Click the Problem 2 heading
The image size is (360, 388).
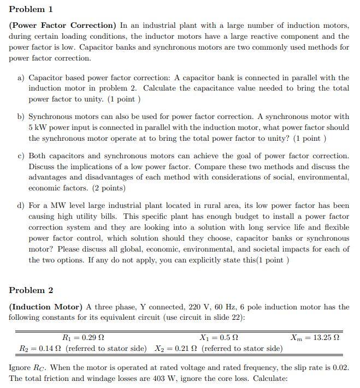coord(31,290)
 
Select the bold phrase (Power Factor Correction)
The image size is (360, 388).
coord(62,25)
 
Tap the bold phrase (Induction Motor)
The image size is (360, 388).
coord(48,307)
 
